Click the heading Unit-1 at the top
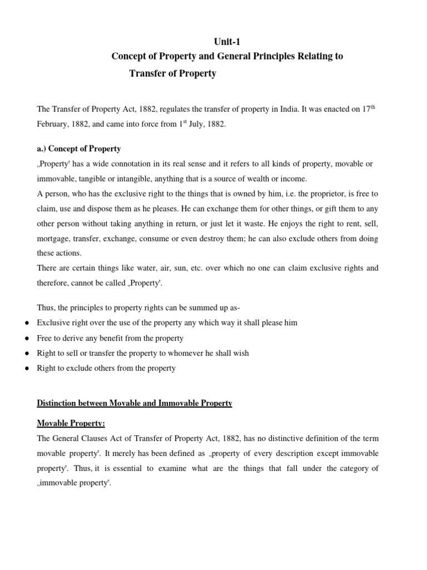coord(228,42)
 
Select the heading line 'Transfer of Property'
coord(172,73)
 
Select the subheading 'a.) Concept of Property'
coord(78,149)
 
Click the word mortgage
coord(54,238)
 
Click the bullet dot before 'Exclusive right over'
coord(28,323)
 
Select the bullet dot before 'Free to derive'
coord(28,338)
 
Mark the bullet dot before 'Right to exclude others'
coord(28,368)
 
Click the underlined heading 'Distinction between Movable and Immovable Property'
coord(134,403)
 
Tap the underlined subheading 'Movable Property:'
coord(71,424)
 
